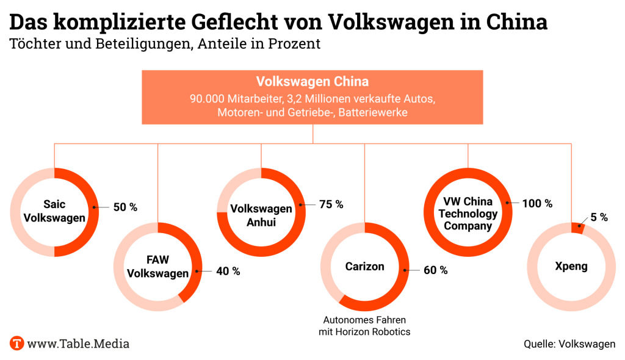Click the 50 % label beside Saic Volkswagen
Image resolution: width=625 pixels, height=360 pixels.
coord(125,207)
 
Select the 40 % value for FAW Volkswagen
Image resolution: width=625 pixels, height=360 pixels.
coord(228,271)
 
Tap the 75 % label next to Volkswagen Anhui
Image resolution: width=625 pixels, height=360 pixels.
coord(331,204)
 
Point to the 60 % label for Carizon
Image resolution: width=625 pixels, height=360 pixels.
coord(436,270)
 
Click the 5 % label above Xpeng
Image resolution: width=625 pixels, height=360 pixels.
coord(599,217)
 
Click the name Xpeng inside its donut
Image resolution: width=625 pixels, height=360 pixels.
coord(572,267)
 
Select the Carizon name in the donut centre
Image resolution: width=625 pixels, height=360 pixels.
coord(365,267)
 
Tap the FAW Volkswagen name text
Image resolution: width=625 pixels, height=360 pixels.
coord(157,267)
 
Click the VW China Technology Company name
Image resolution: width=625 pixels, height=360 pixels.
coord(468,214)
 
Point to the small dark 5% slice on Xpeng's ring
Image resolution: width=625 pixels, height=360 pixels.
coord(577,228)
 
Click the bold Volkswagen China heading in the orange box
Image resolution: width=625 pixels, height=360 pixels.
coord(312,82)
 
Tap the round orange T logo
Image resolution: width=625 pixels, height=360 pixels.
coord(17,343)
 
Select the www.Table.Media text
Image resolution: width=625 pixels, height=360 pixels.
coord(78,344)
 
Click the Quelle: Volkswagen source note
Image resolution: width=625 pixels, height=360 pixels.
coord(569,344)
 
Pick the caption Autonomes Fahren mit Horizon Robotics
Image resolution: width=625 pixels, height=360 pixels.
coord(364,326)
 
